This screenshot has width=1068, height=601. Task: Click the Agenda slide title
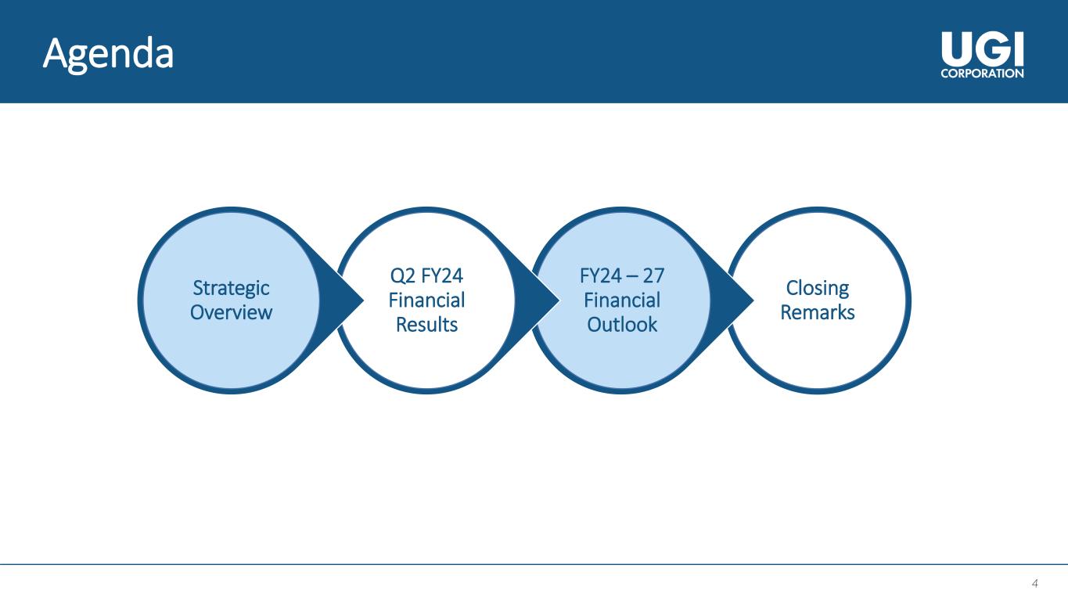[x=109, y=54]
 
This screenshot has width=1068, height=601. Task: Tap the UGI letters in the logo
[x=982, y=52]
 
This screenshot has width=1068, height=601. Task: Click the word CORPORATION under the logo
[x=982, y=74]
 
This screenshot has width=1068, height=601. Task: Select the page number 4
[x=1035, y=583]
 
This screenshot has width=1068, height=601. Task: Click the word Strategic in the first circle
[x=231, y=288]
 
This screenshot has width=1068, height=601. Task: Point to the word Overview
[x=231, y=312]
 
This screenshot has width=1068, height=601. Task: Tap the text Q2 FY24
[x=426, y=276]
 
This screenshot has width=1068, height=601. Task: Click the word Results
[x=426, y=324]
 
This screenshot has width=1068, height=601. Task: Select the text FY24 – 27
[x=622, y=276]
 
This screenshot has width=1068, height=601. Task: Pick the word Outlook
[x=622, y=324]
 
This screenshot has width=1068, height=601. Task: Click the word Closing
[x=818, y=288]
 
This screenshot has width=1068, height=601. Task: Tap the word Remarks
[x=818, y=312]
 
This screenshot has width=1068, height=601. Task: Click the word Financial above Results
[x=426, y=300]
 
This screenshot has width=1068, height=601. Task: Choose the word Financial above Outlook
[x=622, y=300]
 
